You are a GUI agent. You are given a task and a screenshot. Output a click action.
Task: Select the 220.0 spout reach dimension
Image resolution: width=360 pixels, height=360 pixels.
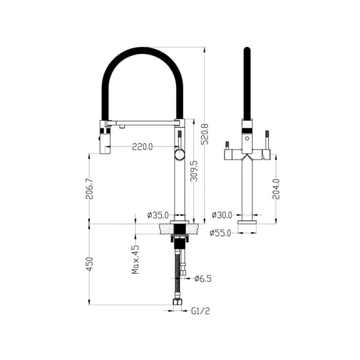pos(142,146)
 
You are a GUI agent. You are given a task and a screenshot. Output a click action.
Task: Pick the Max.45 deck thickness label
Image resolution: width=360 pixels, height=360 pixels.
pos(136,259)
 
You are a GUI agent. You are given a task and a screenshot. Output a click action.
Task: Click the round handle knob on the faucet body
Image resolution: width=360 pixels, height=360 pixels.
pos(179,156)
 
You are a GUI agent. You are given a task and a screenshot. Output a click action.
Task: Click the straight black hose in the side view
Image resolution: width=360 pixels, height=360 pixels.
pos(246,84)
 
